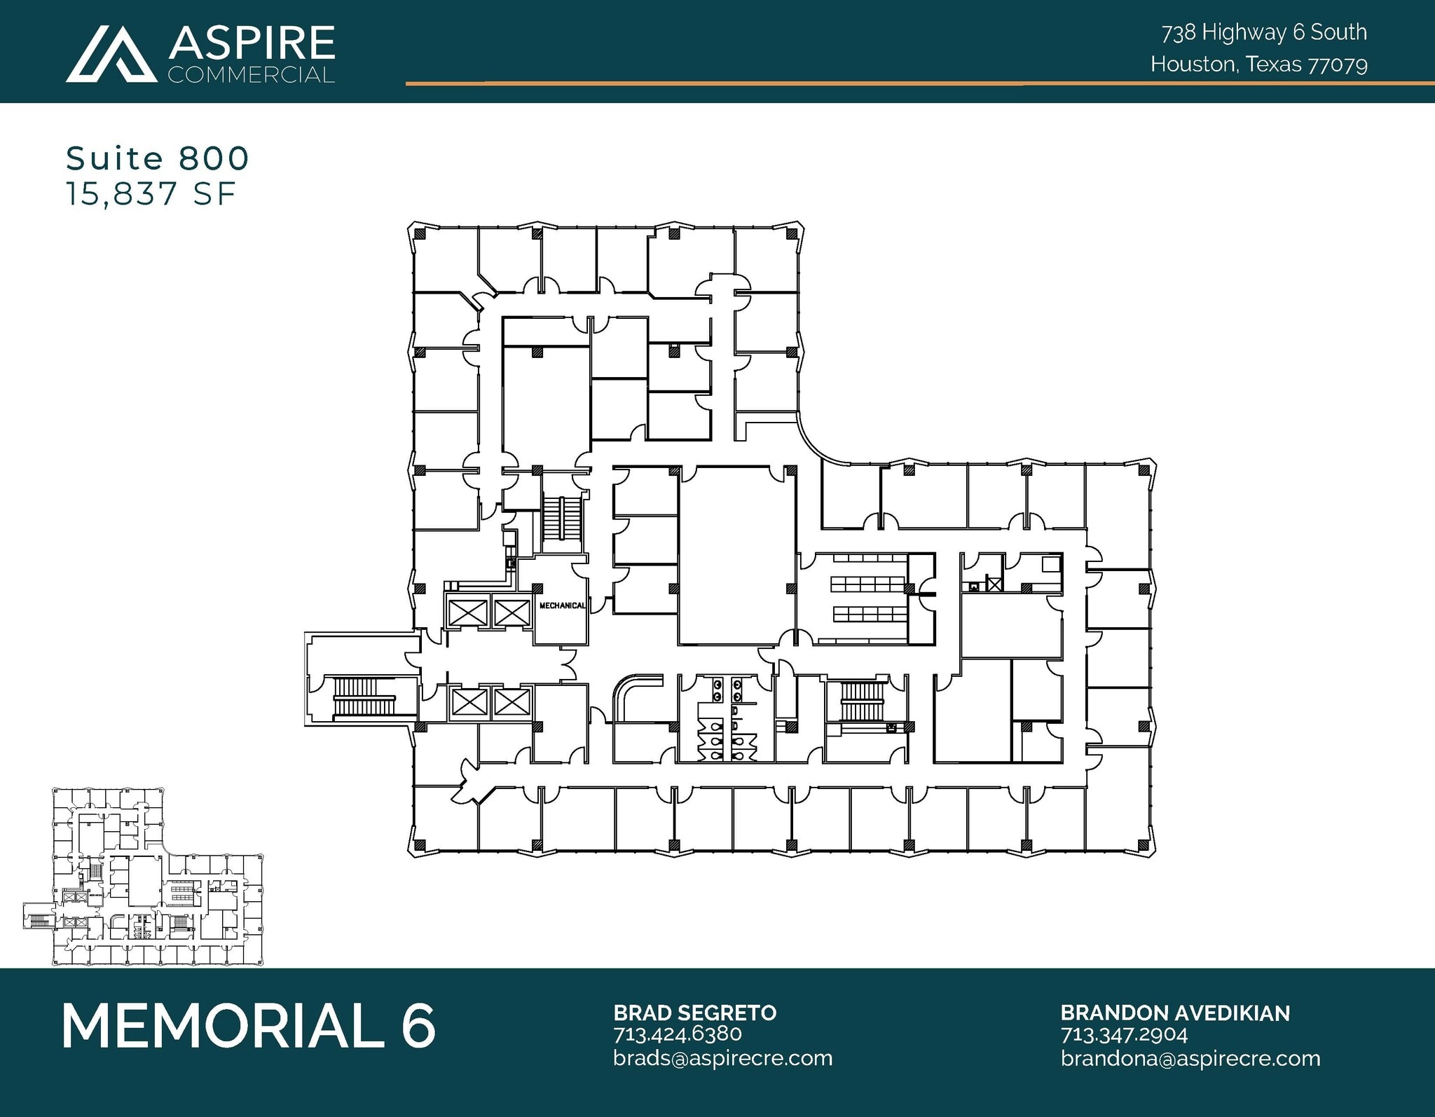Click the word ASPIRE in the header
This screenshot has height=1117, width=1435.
tap(251, 43)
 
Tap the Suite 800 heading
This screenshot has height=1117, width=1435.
tap(158, 158)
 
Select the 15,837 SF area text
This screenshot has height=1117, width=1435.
tap(151, 194)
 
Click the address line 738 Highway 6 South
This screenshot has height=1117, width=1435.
tap(1264, 32)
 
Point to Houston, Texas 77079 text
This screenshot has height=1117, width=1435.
tap(1258, 64)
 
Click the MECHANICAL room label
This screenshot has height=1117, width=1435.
tap(562, 605)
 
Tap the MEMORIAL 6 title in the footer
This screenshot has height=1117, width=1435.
tap(249, 1026)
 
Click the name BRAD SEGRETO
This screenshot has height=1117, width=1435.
tap(694, 1013)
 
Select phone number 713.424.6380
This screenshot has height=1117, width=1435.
tap(677, 1034)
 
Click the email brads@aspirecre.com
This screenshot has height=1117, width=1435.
tap(722, 1057)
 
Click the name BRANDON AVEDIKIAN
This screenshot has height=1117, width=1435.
tap(1174, 1013)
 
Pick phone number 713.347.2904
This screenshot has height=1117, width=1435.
tap(1124, 1034)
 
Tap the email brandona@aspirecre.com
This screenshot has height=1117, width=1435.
tap(1190, 1057)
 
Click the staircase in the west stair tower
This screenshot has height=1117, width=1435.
tap(364, 697)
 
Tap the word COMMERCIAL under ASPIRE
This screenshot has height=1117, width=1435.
tap(251, 74)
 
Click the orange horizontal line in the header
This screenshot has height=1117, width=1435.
tap(911, 83)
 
